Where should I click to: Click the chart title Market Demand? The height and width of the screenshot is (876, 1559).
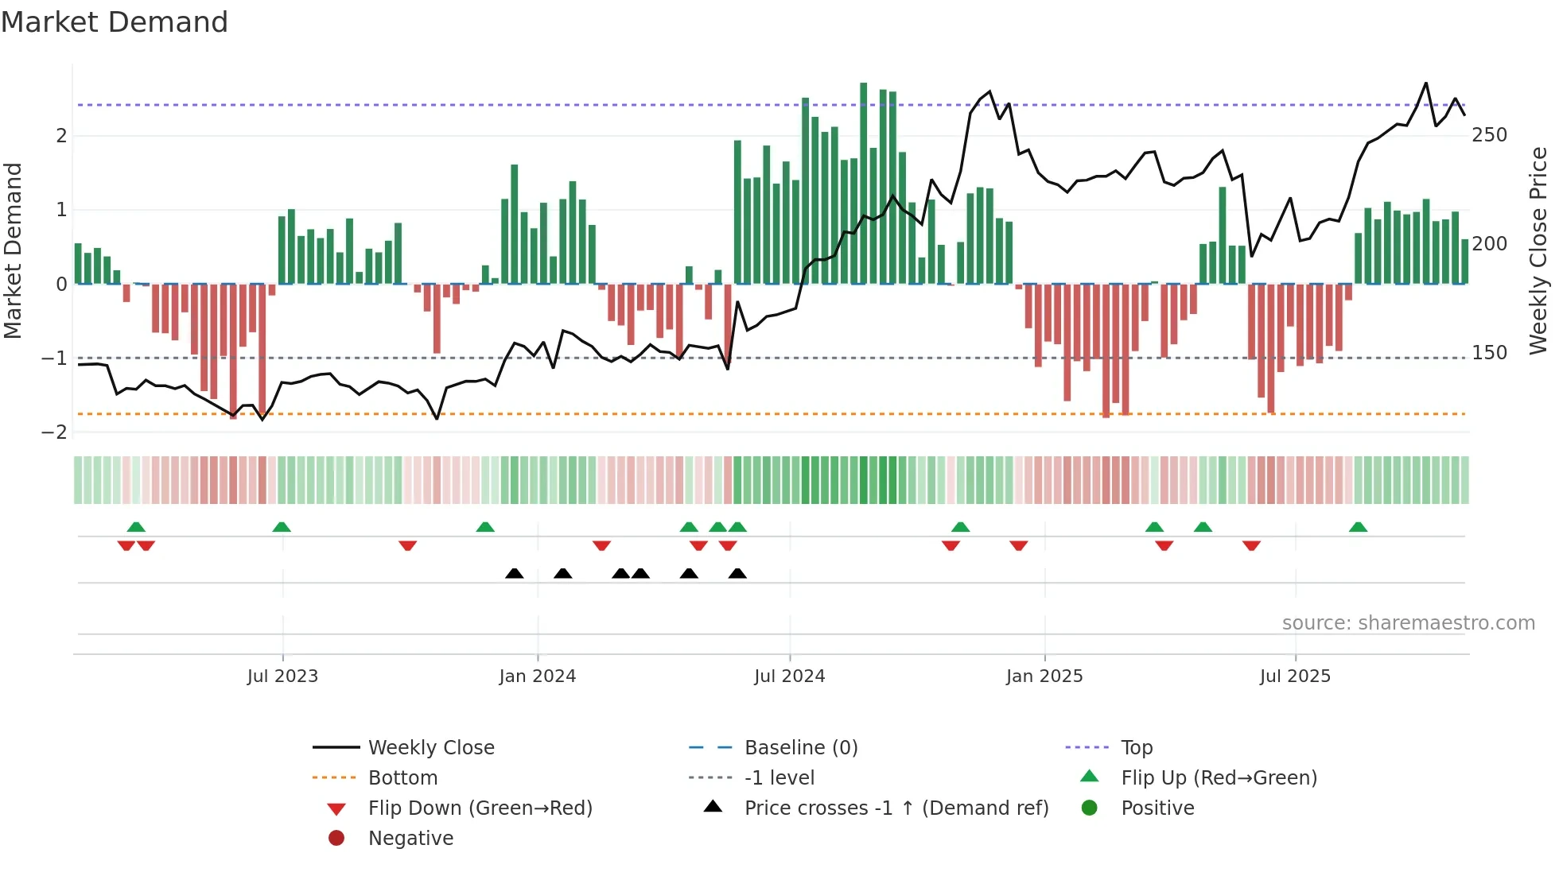[115, 22]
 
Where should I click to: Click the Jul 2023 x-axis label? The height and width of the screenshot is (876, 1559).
[282, 676]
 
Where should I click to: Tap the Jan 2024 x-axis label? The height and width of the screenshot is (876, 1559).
[537, 676]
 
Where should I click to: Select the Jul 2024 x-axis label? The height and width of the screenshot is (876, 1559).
[789, 676]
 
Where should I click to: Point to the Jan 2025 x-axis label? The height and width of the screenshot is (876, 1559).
[1044, 676]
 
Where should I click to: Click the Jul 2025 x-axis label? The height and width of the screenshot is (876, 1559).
[1295, 676]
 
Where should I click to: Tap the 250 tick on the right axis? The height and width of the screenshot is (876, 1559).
[1489, 135]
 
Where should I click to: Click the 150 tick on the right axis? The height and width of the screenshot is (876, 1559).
[1489, 353]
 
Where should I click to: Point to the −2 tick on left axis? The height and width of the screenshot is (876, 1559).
[55, 432]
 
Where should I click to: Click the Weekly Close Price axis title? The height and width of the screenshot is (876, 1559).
[1538, 250]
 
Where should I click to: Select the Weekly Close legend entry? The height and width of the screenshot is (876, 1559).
[430, 748]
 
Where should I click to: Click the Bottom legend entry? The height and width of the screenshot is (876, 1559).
[402, 778]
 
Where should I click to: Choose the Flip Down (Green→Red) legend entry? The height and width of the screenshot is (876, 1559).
[480, 808]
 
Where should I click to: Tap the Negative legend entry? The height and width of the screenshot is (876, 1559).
[410, 839]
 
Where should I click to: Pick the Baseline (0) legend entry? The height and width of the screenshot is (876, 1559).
[800, 748]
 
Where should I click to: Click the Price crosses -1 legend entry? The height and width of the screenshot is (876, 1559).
[896, 808]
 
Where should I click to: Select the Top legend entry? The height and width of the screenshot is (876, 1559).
[1137, 748]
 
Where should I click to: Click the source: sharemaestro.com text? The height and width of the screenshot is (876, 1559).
[1408, 623]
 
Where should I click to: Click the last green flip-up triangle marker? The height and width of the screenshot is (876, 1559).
[1358, 527]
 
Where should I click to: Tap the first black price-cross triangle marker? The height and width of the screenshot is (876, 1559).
[515, 574]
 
